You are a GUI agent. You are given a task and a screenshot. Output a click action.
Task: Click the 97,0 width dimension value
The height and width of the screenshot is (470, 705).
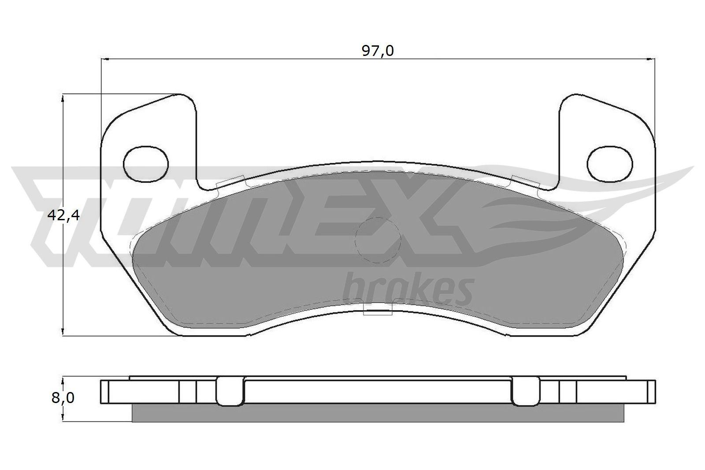click(x=378, y=51)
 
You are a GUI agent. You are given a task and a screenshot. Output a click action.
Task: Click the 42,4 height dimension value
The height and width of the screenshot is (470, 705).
click(x=63, y=215)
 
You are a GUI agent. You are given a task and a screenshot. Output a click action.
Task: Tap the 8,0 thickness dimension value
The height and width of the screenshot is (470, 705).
click(x=63, y=398)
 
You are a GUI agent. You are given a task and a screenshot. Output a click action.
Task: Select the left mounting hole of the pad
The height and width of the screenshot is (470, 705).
click(x=146, y=163)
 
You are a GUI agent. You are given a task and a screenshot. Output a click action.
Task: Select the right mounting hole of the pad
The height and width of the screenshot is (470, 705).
click(x=610, y=163)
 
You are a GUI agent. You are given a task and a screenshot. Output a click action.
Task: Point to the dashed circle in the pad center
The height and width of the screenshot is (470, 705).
click(x=378, y=240)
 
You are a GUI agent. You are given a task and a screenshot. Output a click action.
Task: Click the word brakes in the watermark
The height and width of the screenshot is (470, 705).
click(x=408, y=291)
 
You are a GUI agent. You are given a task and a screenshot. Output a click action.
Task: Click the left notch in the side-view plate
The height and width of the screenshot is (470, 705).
click(x=230, y=392)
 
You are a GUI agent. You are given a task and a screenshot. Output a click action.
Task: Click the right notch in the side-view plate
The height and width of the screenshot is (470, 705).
click(x=526, y=392)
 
